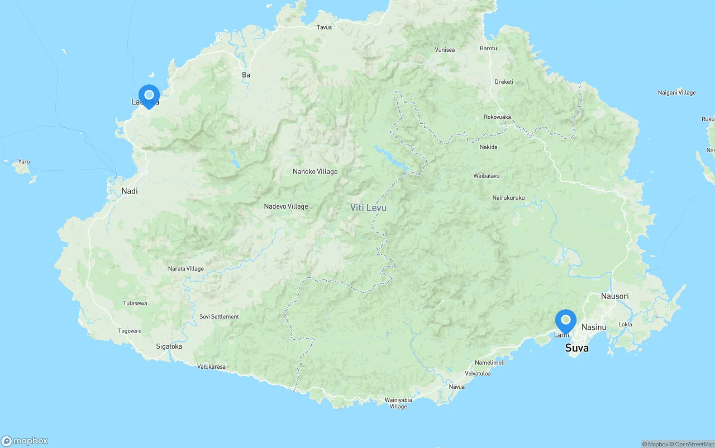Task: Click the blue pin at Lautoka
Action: [149, 95]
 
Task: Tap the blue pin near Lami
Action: [565, 321]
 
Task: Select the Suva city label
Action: [576, 348]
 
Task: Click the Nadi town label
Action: [129, 191]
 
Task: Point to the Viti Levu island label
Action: [368, 208]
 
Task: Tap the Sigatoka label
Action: [169, 346]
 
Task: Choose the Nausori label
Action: [614, 296]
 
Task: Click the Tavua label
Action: [324, 27]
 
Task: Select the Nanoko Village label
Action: [315, 172]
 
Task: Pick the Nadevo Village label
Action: [286, 206]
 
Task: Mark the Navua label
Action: [456, 387]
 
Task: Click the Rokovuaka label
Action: [497, 117]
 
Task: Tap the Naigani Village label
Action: [676, 93]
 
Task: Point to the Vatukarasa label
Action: [212, 367]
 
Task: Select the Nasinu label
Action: [593, 327]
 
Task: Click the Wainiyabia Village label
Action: [398, 403]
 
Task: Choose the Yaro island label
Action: [23, 162]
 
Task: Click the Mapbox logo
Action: [25, 441]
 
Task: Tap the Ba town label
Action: [246, 75]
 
